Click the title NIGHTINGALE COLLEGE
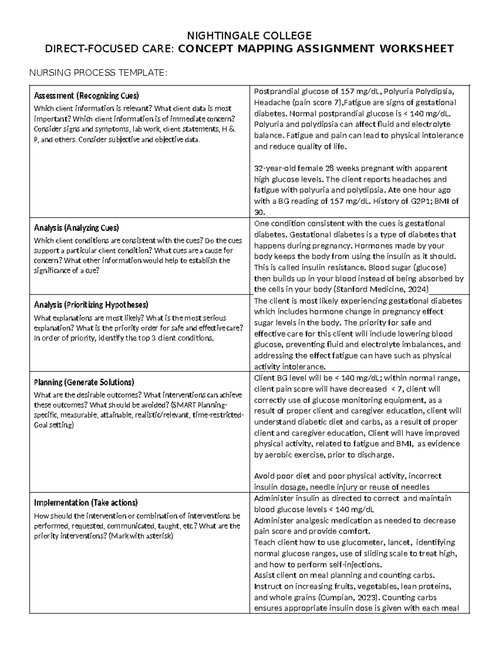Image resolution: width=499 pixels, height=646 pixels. pyautogui.click(x=249, y=35)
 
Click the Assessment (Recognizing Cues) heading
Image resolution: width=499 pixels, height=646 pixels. pyautogui.click(x=86, y=96)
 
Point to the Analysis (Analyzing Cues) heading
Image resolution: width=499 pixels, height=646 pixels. pyautogui.click(x=77, y=228)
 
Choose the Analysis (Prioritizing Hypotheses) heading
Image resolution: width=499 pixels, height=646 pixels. pyautogui.click(x=91, y=305)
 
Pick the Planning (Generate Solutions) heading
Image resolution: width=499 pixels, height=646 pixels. pyautogui.click(x=84, y=382)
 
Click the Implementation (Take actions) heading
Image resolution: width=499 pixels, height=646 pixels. pyautogui.click(x=86, y=502)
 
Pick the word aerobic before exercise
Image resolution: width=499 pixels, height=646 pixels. pyautogui.click(x=278, y=455)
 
